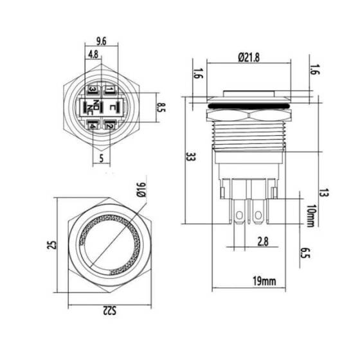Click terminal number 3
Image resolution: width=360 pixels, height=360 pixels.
tap(93, 89)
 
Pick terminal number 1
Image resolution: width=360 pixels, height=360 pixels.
tap(110, 89)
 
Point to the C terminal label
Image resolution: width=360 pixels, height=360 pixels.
tap(114, 107)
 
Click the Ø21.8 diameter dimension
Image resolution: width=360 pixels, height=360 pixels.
tap(248, 57)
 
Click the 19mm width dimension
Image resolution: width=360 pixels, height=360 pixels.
tap(262, 281)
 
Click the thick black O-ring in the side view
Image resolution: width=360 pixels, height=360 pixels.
tap(248, 102)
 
